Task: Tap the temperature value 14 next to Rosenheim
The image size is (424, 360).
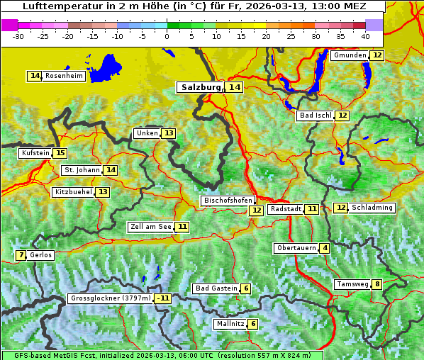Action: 35,76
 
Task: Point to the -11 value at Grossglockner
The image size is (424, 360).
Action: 163,298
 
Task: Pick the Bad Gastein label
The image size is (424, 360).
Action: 216,288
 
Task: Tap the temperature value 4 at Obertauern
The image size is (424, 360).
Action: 324,248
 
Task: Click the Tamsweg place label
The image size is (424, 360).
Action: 352,284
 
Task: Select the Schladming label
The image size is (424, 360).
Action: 372,208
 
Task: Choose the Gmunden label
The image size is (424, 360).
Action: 350,55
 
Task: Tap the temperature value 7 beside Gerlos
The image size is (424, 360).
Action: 21,255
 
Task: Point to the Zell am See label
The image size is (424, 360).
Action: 151,227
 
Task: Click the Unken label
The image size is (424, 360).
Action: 147,133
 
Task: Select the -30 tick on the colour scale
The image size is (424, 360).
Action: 18,36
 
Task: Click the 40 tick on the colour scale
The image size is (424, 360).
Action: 365,36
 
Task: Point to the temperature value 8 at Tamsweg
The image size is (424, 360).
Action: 377,284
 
